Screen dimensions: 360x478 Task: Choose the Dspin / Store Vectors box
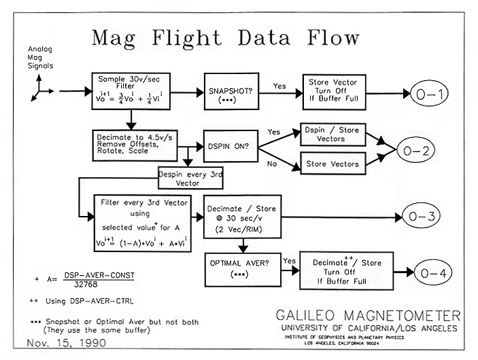332,134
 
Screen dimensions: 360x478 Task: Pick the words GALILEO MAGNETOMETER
368,316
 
